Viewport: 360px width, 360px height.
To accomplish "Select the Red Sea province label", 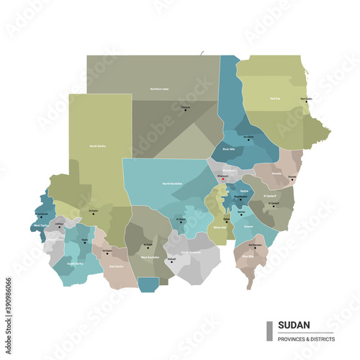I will tap(274, 99).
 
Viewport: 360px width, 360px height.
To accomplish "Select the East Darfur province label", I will tap(115, 266).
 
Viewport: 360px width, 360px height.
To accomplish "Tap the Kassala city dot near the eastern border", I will tap(292, 179).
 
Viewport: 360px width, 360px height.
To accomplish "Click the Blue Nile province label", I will tap(247, 256).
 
